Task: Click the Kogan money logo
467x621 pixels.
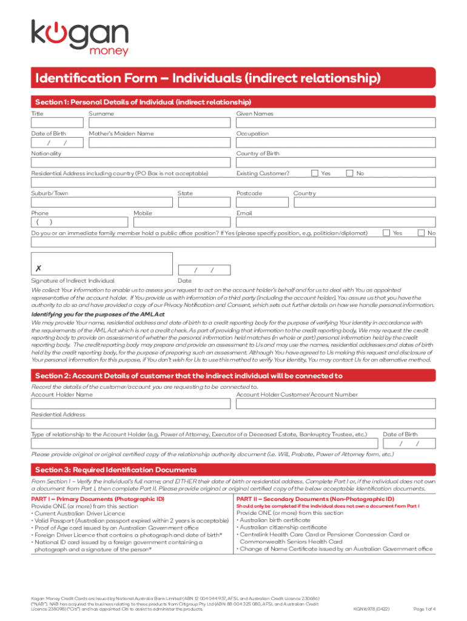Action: point(80,38)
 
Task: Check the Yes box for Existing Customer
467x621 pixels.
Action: point(315,173)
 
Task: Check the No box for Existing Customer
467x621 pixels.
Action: point(349,173)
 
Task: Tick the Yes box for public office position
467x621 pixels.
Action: point(386,233)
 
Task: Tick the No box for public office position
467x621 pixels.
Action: point(420,233)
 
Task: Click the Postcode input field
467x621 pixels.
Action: point(263,203)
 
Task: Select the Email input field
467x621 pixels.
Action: point(335,223)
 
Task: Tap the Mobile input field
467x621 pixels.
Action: point(183,223)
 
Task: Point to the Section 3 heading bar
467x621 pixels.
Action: point(233,470)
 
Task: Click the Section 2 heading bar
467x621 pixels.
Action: point(233,375)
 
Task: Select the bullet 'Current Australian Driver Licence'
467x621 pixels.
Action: point(79,513)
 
